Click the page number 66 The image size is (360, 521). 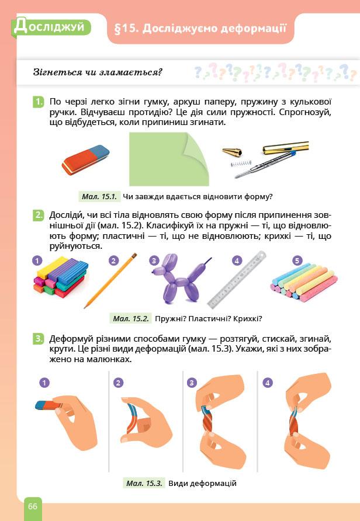[33, 506]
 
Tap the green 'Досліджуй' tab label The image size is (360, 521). [50, 27]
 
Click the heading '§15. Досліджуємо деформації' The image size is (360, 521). [200, 29]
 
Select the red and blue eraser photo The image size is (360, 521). [85, 159]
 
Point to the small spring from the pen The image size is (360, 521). [241, 164]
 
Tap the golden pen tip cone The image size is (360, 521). [232, 151]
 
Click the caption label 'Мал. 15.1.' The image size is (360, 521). [99, 196]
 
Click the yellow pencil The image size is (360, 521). [110, 281]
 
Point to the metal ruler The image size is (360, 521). [237, 279]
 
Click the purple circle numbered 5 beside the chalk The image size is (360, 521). [297, 260]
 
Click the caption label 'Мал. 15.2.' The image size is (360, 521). [131, 319]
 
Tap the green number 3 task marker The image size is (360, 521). [38, 339]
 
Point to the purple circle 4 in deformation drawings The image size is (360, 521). [268, 383]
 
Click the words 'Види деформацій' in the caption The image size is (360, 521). [202, 483]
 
